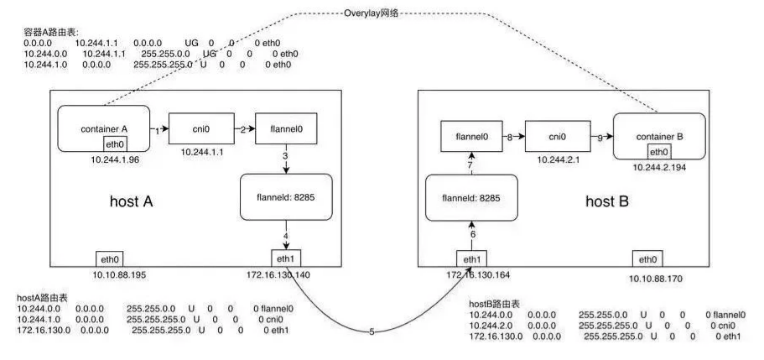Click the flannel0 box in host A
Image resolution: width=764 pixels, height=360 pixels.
[x=280, y=130]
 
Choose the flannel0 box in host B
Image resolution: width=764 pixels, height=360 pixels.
[x=471, y=135]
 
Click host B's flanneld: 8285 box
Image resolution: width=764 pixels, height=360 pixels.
[x=467, y=198]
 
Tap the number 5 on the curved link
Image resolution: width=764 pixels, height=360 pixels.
[x=372, y=332]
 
